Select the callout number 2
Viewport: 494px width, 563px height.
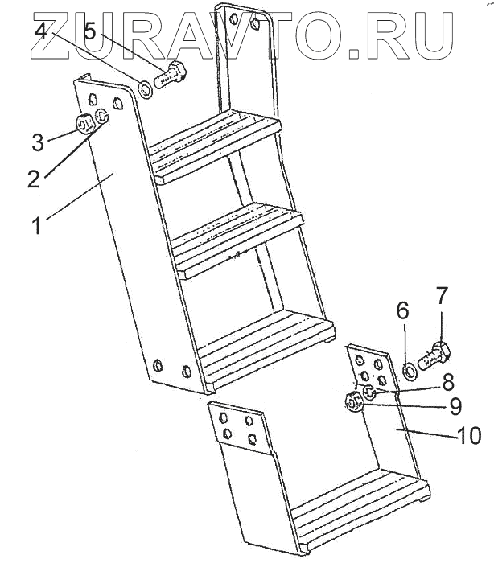(33, 178)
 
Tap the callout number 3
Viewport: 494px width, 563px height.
(37, 144)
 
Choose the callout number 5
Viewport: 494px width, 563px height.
(90, 31)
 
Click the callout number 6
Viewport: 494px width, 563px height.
(403, 310)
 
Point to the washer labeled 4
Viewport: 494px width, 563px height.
(146, 88)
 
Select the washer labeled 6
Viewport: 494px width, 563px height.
(409, 369)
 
